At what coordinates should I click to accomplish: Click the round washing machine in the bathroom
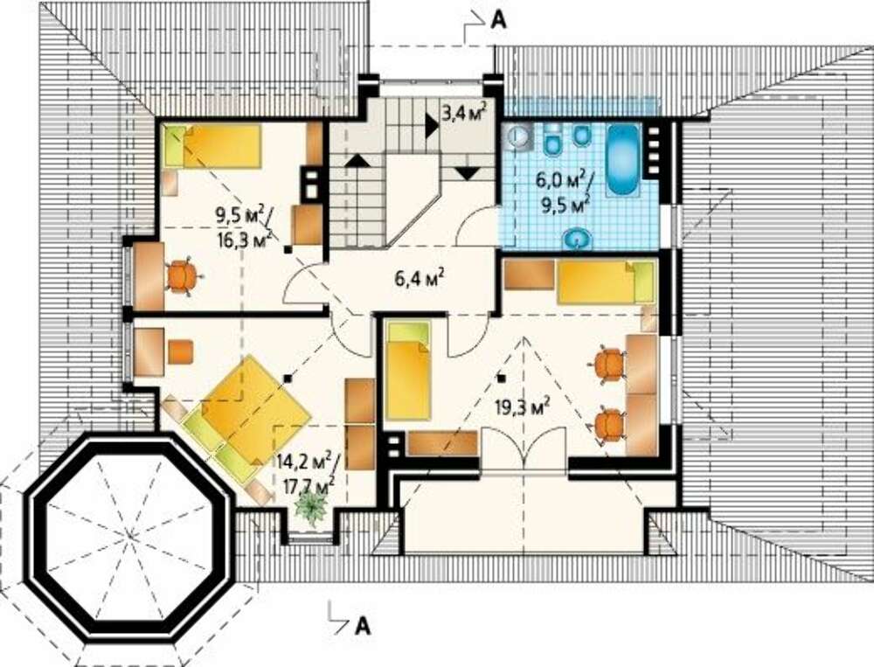[x=519, y=137]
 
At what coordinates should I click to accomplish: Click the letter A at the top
[x=498, y=20]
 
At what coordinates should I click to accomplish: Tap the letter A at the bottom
[x=363, y=626]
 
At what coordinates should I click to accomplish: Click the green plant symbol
[x=310, y=509]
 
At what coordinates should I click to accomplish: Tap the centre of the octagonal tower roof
[x=130, y=537]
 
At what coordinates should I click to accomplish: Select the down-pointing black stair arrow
[x=467, y=173]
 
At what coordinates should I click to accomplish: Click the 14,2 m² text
[x=304, y=462]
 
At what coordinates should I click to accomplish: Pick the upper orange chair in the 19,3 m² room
[x=608, y=365]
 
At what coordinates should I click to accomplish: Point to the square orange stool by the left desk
[x=181, y=352]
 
